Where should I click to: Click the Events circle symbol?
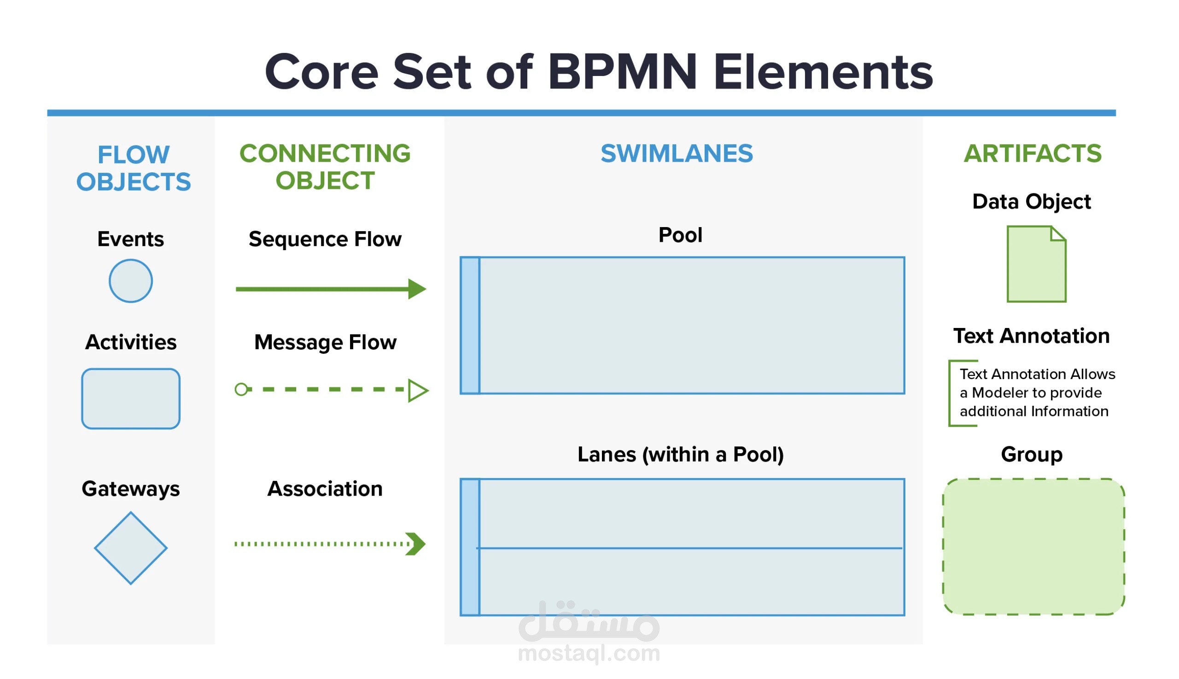coord(130,281)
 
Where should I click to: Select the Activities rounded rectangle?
coord(130,398)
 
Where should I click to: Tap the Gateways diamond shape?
coord(130,548)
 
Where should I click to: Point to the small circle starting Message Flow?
coord(241,389)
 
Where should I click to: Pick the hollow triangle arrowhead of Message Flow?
coord(418,390)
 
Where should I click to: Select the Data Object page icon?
coord(1036,264)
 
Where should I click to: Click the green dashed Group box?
coord(1033,546)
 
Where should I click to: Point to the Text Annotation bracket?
coord(950,393)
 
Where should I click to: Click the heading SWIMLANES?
coord(677,153)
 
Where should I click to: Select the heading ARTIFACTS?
coord(1033,153)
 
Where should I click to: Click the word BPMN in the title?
coord(622,72)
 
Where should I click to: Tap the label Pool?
coord(680,234)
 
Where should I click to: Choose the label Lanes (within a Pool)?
coord(681,454)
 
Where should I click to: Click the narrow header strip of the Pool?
coord(470,325)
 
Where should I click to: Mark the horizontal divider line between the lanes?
coord(689,548)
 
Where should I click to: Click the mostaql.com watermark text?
coord(589,652)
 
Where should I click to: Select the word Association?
coord(325,488)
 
